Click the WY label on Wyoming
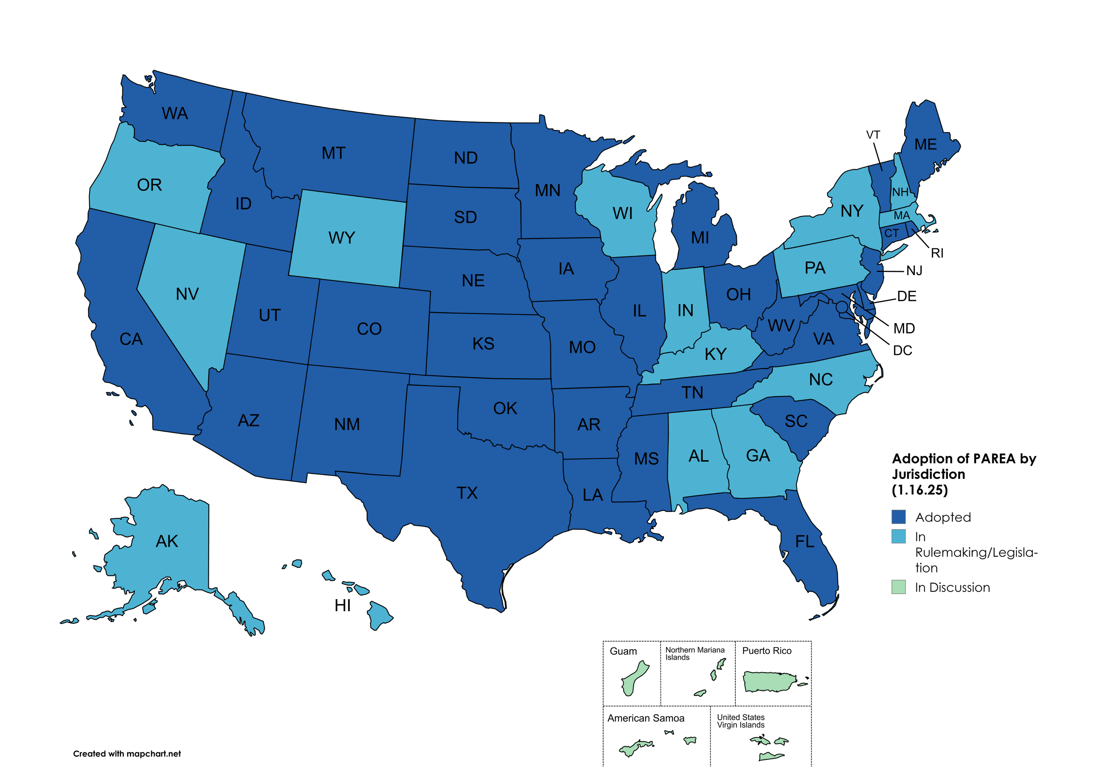(x=342, y=238)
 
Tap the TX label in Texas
(x=467, y=493)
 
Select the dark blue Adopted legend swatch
(x=898, y=517)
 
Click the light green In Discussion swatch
(x=898, y=587)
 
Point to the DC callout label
(x=902, y=350)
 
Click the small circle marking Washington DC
(x=842, y=307)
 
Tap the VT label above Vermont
(x=873, y=135)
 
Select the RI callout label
(x=937, y=253)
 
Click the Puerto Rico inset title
(x=766, y=651)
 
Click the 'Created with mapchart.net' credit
(x=127, y=754)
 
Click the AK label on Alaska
(x=167, y=541)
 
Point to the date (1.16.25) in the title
(x=919, y=490)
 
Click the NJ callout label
(x=914, y=271)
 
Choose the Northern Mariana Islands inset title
(x=694, y=653)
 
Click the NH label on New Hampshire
(x=900, y=192)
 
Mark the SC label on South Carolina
(x=796, y=421)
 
